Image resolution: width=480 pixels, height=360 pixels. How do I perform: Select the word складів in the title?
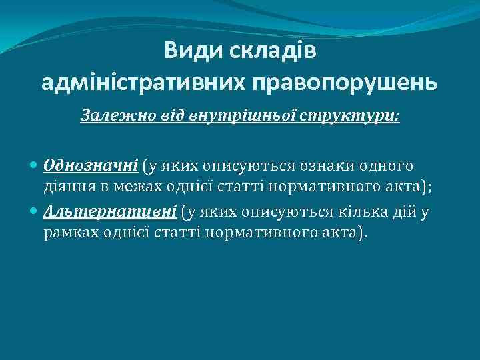272,51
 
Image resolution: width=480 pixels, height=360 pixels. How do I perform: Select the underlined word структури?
331,115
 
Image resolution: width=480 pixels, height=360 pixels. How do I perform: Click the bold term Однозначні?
91,165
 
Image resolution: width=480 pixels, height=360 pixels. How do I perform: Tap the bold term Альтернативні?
110,212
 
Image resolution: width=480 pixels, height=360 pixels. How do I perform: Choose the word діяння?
66,187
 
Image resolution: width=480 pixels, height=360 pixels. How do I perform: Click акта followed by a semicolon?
411,187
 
